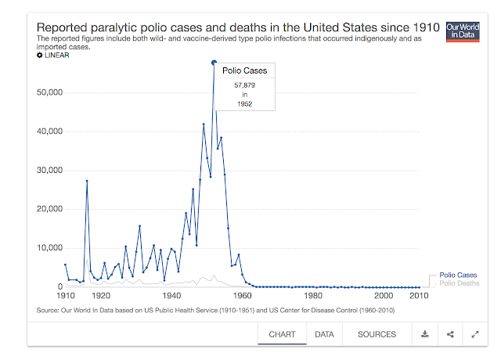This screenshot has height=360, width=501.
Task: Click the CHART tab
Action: click(x=282, y=334)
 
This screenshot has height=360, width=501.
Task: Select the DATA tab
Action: click(x=324, y=334)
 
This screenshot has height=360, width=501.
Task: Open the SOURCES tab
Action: click(x=377, y=334)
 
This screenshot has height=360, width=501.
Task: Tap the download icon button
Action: click(x=425, y=334)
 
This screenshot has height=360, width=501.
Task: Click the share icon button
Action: click(x=450, y=334)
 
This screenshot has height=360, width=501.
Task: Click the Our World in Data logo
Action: click(x=462, y=31)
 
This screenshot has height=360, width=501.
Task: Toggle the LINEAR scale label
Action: click(x=55, y=56)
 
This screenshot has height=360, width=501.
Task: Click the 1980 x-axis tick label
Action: click(x=313, y=297)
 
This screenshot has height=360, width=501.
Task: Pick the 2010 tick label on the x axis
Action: click(x=419, y=297)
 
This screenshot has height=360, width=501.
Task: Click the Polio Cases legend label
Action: click(x=458, y=275)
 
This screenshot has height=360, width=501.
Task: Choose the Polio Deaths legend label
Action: click(x=460, y=283)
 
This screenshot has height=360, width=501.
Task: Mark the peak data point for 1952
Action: click(x=214, y=63)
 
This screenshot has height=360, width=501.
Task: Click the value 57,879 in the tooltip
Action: click(x=245, y=85)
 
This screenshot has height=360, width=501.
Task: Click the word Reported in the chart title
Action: click(x=69, y=28)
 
